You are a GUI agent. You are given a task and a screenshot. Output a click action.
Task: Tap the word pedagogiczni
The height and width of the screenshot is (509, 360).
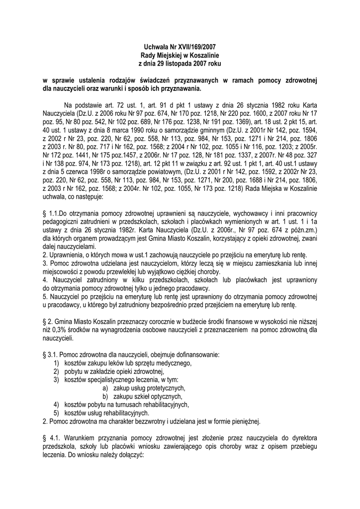(63, 223)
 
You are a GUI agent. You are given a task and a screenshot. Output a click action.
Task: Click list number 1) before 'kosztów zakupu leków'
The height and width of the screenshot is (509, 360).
(57, 364)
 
